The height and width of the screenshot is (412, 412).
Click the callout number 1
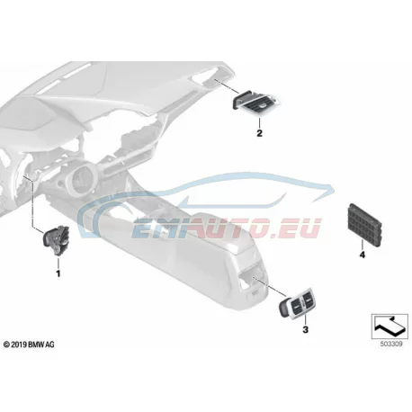pyautogui.click(x=58, y=273)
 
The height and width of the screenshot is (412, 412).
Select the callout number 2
pyautogui.click(x=259, y=133)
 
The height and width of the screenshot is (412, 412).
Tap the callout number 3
pyautogui.click(x=305, y=329)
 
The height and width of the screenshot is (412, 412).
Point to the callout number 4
pyautogui.click(x=363, y=255)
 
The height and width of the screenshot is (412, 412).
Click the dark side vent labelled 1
pyautogui.click(x=57, y=240)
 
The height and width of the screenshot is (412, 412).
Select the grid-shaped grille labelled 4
pyautogui.click(x=365, y=224)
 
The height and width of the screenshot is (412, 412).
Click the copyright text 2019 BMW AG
pyautogui.click(x=29, y=345)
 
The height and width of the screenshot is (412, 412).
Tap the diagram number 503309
pyautogui.click(x=391, y=345)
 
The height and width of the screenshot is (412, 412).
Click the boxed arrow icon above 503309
pyautogui.click(x=390, y=327)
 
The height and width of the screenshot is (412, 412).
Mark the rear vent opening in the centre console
pyautogui.click(x=252, y=277)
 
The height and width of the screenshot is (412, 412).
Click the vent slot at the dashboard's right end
pyautogui.click(x=207, y=77)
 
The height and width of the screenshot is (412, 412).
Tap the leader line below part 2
pyautogui.click(x=259, y=123)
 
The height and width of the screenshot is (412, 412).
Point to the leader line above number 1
pyautogui.click(x=58, y=264)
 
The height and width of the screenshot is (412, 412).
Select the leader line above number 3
pyautogui.click(x=305, y=320)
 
